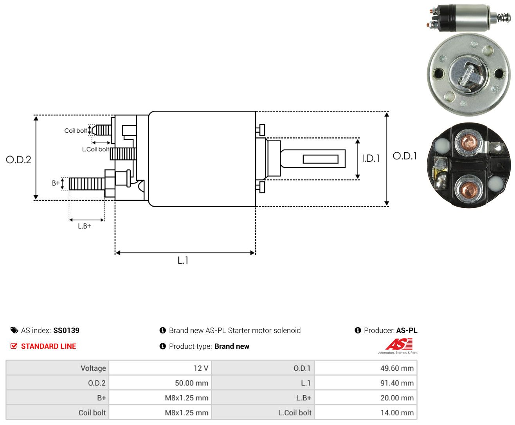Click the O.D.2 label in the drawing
pyautogui.click(x=18, y=160)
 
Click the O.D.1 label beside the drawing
pyautogui.click(x=405, y=156)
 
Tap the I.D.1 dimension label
pyautogui.click(x=371, y=158)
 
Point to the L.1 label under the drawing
pyautogui.click(x=183, y=260)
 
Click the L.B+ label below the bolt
pyautogui.click(x=85, y=226)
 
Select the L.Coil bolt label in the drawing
pyautogui.click(x=95, y=149)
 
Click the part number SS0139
pyautogui.click(x=67, y=330)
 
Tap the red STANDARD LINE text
pyautogui.click(x=49, y=346)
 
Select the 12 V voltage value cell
pyautogui.click(x=160, y=368)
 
